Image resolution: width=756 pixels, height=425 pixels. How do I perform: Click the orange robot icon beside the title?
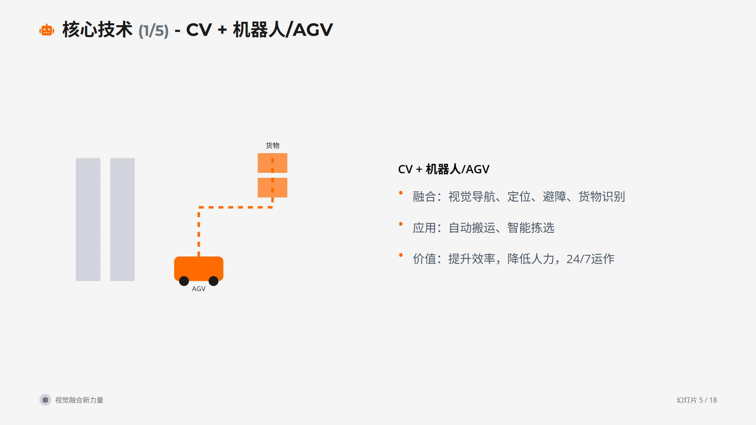click(x=46, y=30)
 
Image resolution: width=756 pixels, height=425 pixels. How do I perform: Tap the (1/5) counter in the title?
click(x=153, y=31)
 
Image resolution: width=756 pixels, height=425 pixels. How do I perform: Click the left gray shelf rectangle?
click(x=88, y=219)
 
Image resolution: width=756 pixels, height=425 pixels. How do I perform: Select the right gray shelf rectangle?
click(x=122, y=219)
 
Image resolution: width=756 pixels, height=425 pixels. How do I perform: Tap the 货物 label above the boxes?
click(x=272, y=145)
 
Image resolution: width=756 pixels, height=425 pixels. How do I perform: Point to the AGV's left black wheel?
click(x=184, y=281)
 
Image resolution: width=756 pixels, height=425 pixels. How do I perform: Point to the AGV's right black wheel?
click(x=214, y=281)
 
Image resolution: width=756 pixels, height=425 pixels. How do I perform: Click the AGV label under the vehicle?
click(x=199, y=289)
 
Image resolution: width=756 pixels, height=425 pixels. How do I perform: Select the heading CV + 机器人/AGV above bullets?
click(x=443, y=169)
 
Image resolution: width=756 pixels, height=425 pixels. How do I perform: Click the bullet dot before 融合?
click(x=401, y=193)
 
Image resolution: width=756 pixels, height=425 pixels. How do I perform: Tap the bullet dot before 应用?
click(x=401, y=224)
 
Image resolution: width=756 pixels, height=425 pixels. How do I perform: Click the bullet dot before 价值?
click(x=401, y=255)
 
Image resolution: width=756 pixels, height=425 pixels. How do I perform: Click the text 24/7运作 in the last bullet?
click(x=590, y=259)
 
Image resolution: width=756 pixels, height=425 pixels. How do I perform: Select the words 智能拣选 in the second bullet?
click(x=531, y=228)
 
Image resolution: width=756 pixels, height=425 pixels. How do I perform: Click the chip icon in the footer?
click(x=45, y=400)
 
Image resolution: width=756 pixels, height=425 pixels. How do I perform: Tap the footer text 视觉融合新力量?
click(x=79, y=400)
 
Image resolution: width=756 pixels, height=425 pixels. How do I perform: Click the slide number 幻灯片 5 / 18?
click(x=697, y=400)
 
